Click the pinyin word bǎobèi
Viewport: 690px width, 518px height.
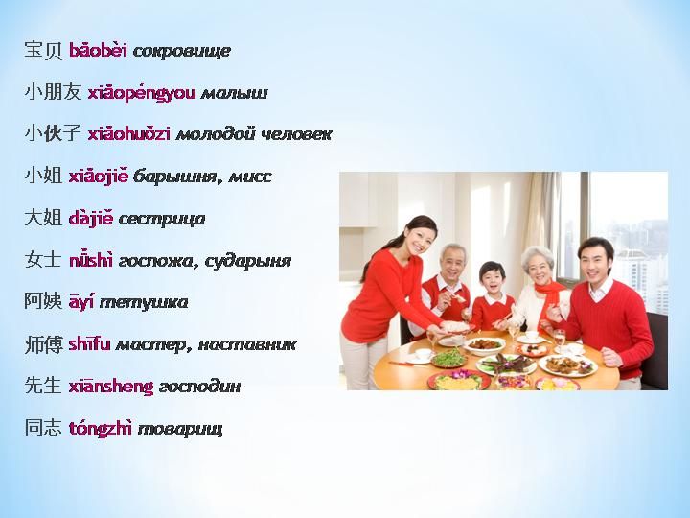pyautogui.click(x=98, y=51)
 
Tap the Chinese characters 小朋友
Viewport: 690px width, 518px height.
pyautogui.click(x=54, y=92)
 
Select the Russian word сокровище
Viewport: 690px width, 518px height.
pyautogui.click(x=182, y=52)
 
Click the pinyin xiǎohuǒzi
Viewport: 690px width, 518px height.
pyautogui.click(x=129, y=134)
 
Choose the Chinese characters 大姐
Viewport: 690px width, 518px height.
pyautogui.click(x=43, y=219)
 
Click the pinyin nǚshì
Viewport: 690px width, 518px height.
pyautogui.click(x=91, y=261)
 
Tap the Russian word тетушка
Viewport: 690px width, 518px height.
pyautogui.click(x=144, y=302)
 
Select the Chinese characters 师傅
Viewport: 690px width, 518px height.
pyautogui.click(x=43, y=344)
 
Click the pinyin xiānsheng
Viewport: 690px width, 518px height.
pyautogui.click(x=111, y=388)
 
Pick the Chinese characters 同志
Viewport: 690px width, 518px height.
pyautogui.click(x=43, y=428)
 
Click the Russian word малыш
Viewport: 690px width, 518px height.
pyautogui.click(x=234, y=93)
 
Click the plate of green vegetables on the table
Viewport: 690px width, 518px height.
pyautogui.click(x=448, y=358)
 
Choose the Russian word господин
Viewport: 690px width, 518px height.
pyautogui.click(x=199, y=388)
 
